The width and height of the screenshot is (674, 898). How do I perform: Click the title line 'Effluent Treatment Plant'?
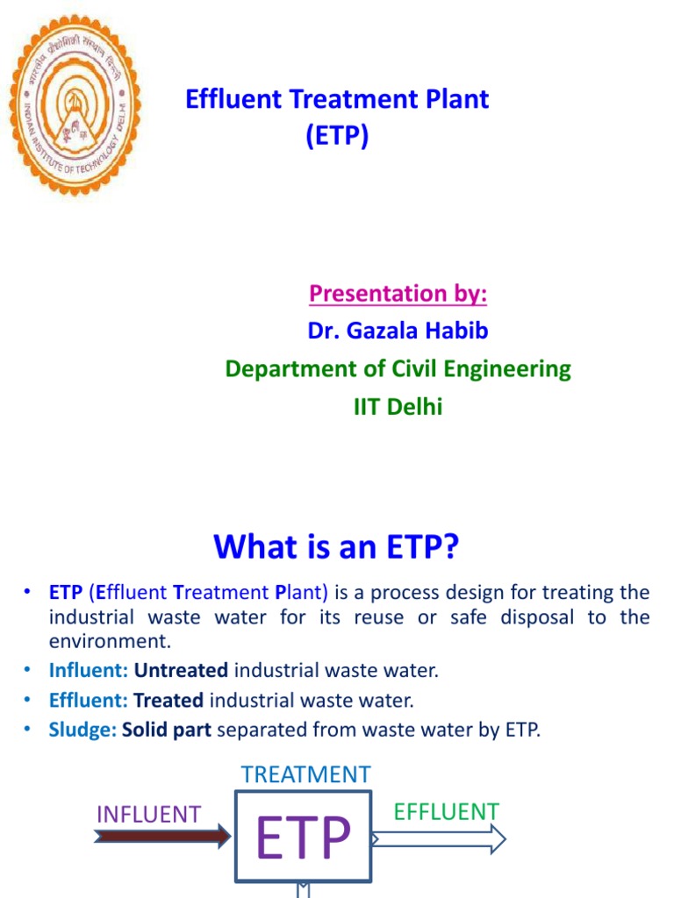(337, 99)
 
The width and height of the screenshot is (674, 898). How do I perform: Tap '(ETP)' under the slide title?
(337, 137)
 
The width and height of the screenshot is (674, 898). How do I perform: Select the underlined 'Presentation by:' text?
(398, 293)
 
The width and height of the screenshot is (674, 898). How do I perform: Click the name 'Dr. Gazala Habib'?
(398, 331)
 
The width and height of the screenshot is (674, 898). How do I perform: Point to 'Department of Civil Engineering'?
(398, 368)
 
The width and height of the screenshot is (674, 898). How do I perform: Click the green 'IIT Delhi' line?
(398, 406)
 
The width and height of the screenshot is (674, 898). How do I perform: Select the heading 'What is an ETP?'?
(337, 547)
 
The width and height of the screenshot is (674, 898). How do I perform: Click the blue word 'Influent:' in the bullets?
(89, 671)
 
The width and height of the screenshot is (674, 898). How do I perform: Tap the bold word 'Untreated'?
(181, 671)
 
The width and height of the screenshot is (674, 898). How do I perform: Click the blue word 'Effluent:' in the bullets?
(89, 700)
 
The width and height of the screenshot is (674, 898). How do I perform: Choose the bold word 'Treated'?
(168, 700)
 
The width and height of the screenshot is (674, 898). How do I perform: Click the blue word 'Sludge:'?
(83, 729)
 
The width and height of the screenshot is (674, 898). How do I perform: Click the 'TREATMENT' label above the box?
(305, 774)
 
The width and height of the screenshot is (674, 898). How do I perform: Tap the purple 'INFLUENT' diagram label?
(148, 814)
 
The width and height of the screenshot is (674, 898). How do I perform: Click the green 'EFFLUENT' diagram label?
(446, 811)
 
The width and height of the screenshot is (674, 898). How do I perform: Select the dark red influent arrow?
(161, 837)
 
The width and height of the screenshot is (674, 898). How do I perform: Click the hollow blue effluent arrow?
(440, 839)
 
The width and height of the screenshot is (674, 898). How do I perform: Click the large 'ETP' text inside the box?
(304, 837)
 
